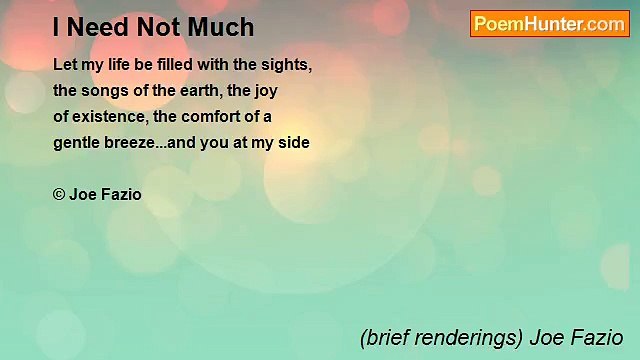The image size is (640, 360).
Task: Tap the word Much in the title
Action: pyautogui.click(x=226, y=27)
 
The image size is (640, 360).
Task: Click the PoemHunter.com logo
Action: pyautogui.click(x=549, y=24)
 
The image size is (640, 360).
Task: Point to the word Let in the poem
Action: pyautogui.click(x=65, y=64)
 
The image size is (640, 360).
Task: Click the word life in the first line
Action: pyautogui.click(x=118, y=64)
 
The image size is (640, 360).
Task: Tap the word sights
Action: pyautogui.click(x=287, y=64)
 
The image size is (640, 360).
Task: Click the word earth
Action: pyautogui.click(x=203, y=90)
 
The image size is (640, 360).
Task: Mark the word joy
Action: pyautogui.click(x=265, y=91)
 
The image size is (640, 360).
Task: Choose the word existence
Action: pyautogui.click(x=110, y=116)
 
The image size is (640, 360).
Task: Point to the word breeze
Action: pyautogui.click(x=134, y=143)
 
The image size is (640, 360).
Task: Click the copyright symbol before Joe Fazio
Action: pyautogui.click(x=59, y=194)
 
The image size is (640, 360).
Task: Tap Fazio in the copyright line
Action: pyautogui.click(x=121, y=194)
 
